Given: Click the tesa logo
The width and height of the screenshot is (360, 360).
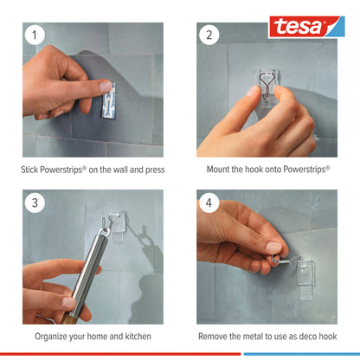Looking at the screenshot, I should [305, 26].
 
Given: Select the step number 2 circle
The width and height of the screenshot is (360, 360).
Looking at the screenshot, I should [209, 36].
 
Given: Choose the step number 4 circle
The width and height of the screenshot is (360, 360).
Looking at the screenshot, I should [209, 203].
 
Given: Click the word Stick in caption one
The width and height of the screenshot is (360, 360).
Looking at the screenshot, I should [30, 170].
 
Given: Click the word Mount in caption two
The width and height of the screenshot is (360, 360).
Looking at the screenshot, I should [220, 170].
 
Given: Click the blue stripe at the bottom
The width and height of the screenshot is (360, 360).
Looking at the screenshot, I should [301, 354].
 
